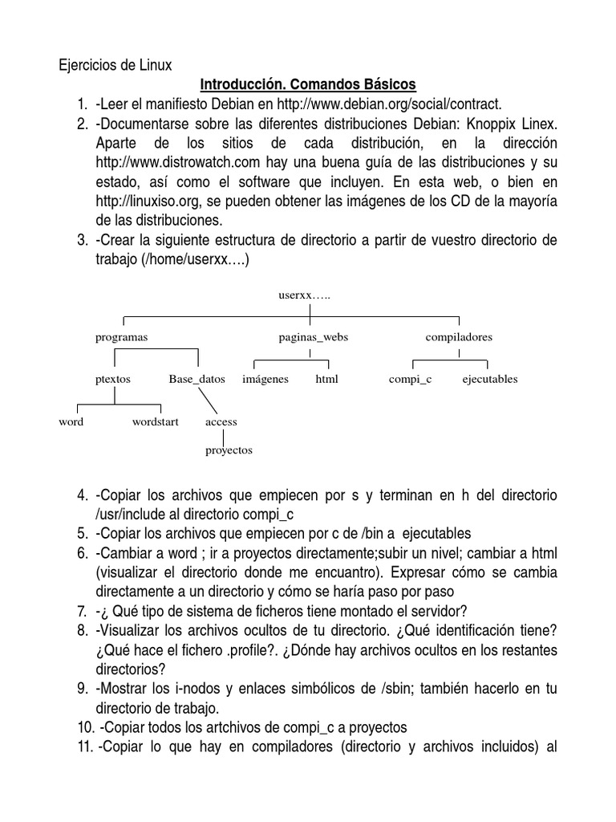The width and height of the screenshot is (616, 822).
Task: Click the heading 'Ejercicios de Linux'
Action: click(x=115, y=64)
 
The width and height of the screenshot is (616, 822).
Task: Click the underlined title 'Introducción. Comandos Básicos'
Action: click(x=308, y=83)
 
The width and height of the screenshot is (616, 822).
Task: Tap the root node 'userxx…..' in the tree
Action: click(x=304, y=295)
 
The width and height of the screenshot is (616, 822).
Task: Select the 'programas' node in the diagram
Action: click(x=122, y=337)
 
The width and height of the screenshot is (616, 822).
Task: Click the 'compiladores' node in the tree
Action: click(x=459, y=337)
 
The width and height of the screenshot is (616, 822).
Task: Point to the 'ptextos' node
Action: click(x=112, y=379)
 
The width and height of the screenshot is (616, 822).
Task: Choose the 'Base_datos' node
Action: click(x=197, y=379)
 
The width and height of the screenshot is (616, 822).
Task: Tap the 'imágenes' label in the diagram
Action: click(x=265, y=379)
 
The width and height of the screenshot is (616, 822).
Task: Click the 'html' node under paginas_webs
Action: click(x=326, y=379)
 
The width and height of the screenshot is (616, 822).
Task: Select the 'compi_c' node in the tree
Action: click(x=410, y=379)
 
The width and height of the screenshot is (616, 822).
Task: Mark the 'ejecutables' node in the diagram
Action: click(x=490, y=379)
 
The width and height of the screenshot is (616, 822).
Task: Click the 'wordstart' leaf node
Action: click(x=156, y=421)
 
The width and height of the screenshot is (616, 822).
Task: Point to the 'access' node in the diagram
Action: click(x=221, y=421)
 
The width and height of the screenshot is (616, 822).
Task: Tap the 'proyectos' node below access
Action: click(x=229, y=450)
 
